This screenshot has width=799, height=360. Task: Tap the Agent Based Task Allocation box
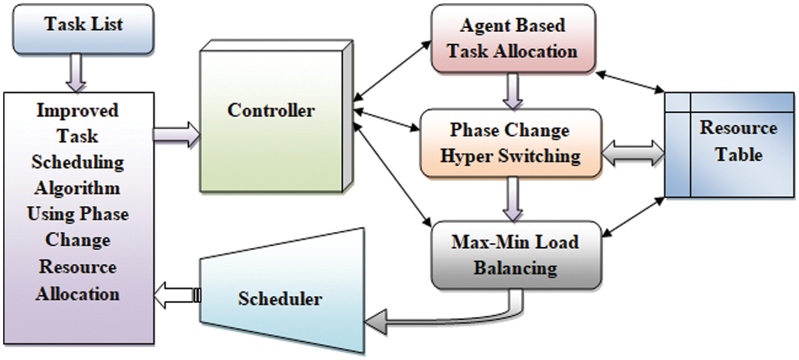[512, 38]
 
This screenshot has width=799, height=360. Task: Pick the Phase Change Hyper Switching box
[510, 143]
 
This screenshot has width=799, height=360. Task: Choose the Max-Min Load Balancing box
[515, 254]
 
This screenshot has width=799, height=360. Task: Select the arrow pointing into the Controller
[176, 134]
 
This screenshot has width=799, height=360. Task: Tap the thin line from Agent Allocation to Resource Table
[630, 83]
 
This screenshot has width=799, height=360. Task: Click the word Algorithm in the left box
[77, 189]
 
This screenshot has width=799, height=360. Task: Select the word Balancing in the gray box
[515, 267]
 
